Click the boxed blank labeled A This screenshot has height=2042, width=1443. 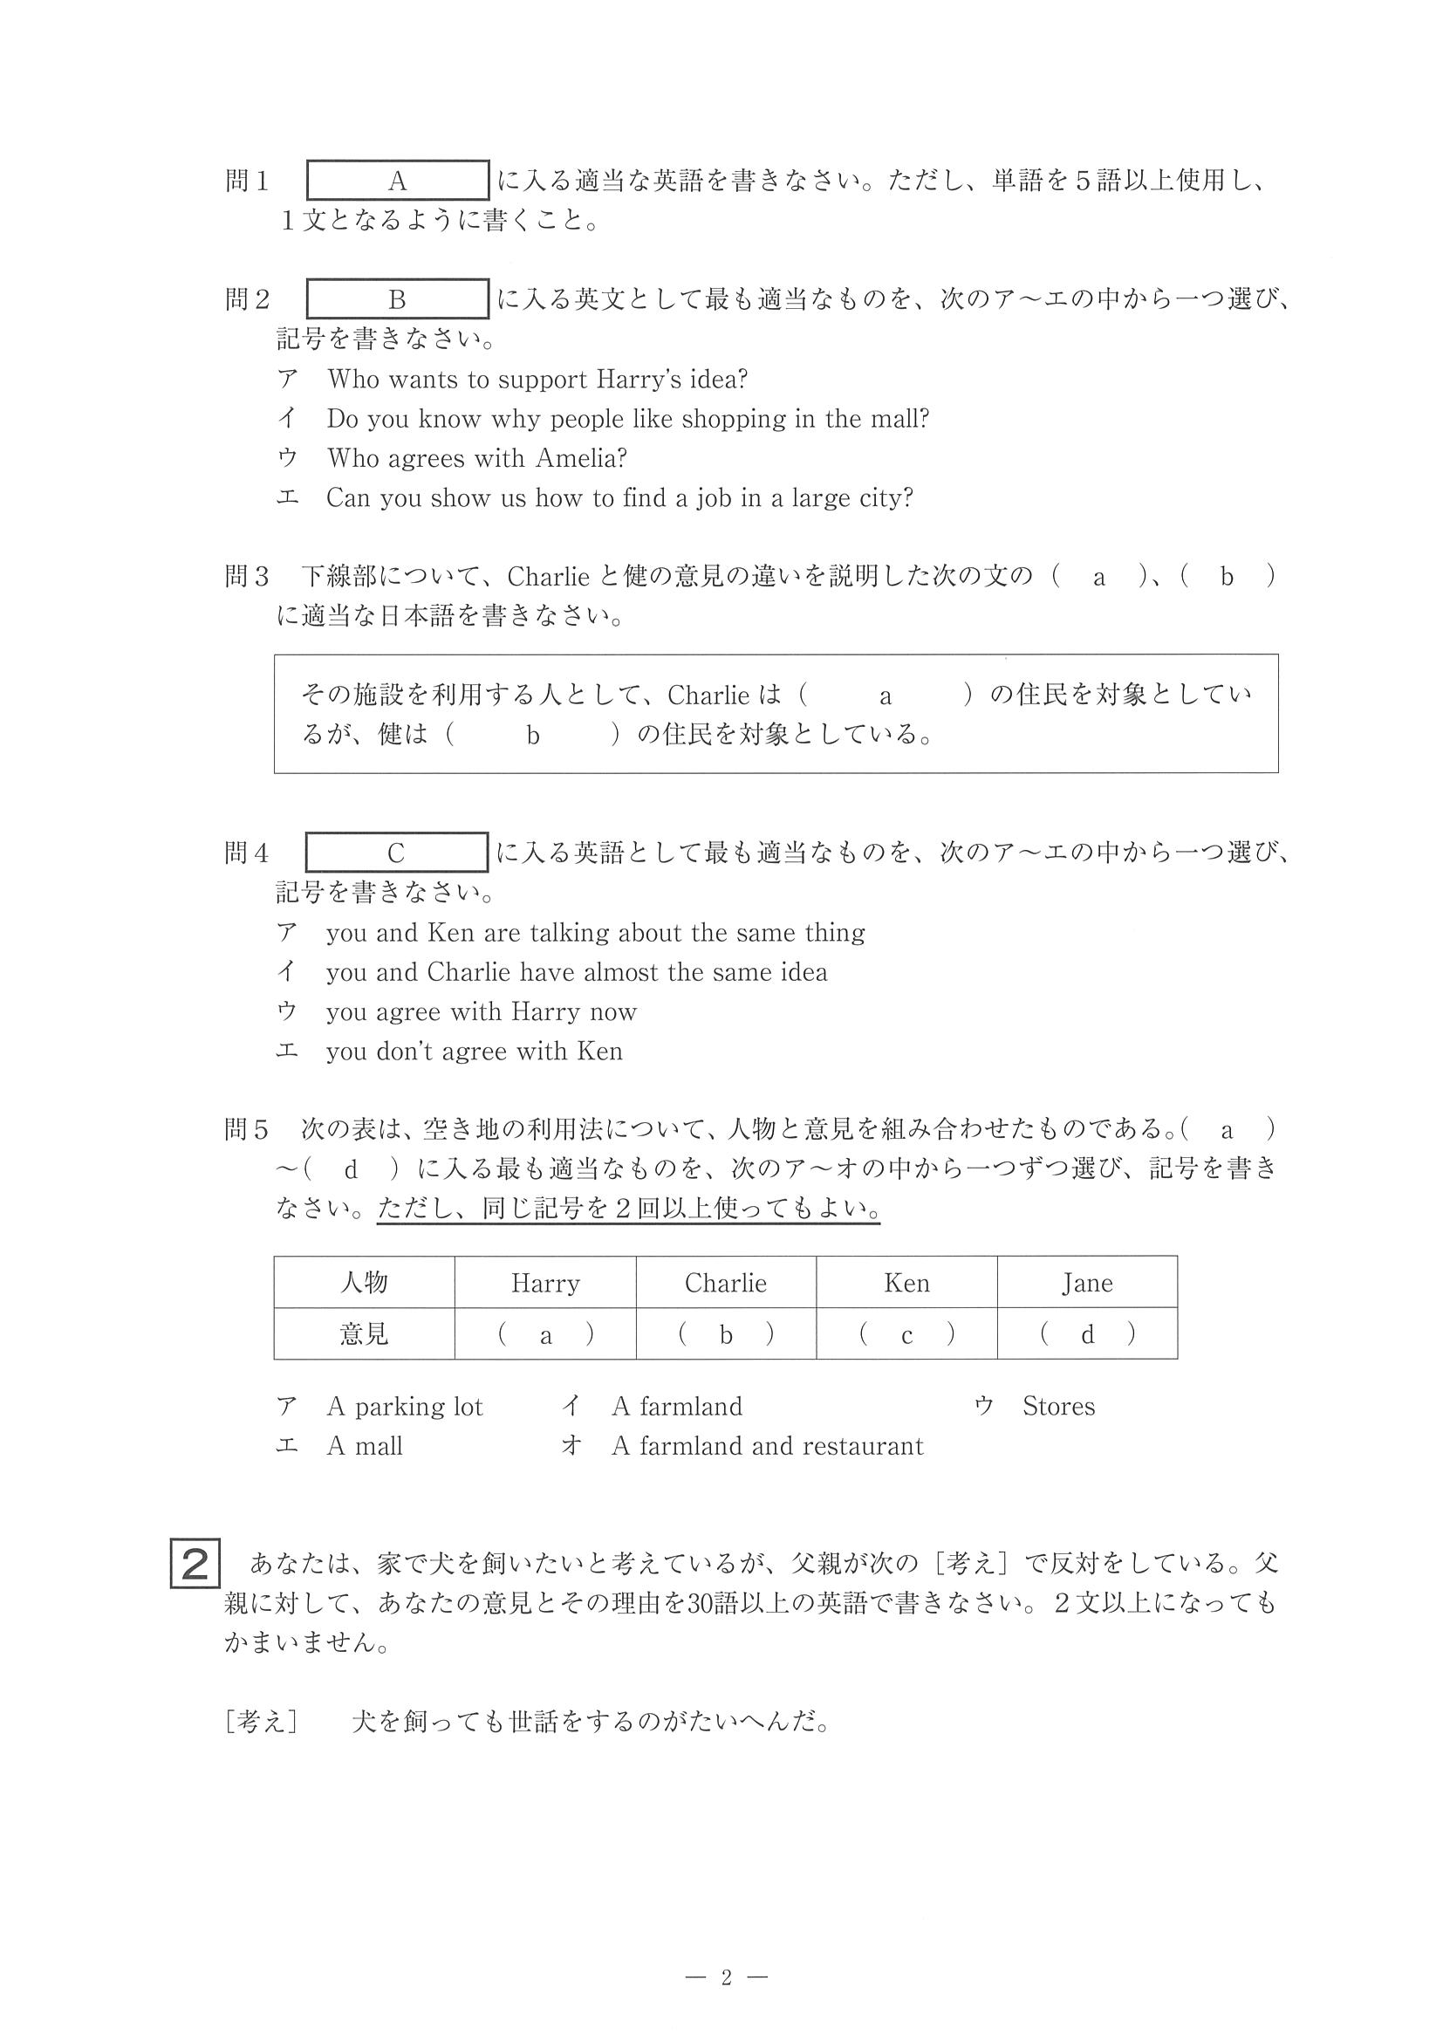coord(398,181)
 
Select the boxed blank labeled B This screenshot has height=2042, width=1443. coord(398,298)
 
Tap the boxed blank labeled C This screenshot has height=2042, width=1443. coord(397,853)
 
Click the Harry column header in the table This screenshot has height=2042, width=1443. coord(545,1283)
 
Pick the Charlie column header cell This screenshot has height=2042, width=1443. coord(726,1283)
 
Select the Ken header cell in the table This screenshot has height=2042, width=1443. coord(906,1283)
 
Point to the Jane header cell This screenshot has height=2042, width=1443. coord(1086,1283)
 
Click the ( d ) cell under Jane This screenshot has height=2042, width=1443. coord(1086,1334)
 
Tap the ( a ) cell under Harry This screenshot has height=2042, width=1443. coord(545,1334)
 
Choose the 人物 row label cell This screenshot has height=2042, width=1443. coord(365,1283)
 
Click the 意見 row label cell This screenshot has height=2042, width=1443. coord(365,1334)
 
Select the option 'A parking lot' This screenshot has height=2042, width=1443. coord(405,1406)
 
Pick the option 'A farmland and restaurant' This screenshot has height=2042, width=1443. coord(766,1446)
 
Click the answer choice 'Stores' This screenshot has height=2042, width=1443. coord(1058,1406)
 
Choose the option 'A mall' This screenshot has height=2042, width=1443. coord(365,1446)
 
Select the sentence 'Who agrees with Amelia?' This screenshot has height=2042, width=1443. coord(476,458)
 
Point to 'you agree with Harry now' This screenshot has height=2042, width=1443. coord(481,1012)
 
